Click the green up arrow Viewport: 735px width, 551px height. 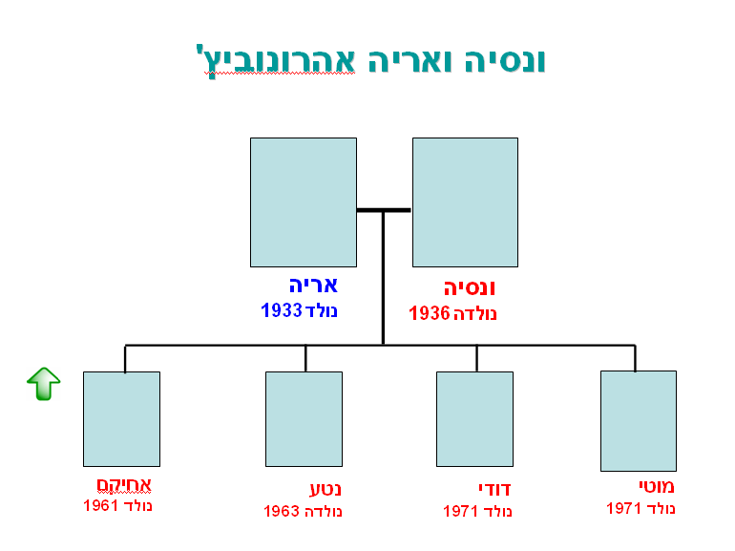[44, 384]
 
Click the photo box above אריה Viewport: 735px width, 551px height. [304, 202]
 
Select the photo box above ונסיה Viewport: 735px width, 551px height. [465, 202]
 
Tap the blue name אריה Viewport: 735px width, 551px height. [313, 286]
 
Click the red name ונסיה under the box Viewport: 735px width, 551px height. [470, 288]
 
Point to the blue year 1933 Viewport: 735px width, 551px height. [282, 310]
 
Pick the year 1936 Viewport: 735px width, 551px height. [430, 313]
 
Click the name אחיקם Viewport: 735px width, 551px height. [124, 485]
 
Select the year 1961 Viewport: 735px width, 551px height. [101, 505]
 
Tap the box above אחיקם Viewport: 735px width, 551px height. [121, 419]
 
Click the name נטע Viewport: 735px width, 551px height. [325, 489]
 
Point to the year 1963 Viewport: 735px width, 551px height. [282, 511]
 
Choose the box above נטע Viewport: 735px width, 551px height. [304, 419]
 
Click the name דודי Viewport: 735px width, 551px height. [494, 489]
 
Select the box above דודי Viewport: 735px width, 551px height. [474, 419]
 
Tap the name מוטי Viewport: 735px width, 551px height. [657, 486]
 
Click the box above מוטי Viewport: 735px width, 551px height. [639, 421]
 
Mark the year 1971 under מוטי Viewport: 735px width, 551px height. [624, 508]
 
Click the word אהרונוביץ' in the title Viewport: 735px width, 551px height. [276, 61]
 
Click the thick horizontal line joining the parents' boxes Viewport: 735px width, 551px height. [384, 210]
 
